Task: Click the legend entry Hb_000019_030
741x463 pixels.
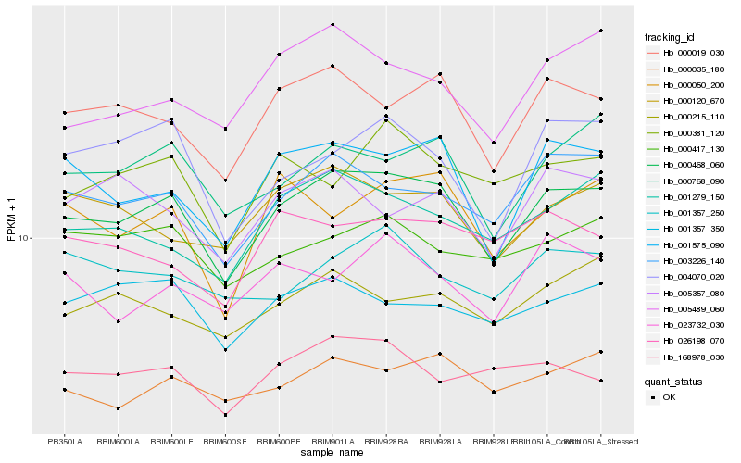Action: point(693,54)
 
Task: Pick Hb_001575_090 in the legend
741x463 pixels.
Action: point(693,244)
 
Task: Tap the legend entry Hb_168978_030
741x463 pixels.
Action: point(693,357)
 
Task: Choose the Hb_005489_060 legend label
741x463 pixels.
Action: point(693,308)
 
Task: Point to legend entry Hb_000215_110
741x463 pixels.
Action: point(693,118)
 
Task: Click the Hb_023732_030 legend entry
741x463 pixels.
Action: point(693,324)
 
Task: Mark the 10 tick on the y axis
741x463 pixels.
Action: point(24,238)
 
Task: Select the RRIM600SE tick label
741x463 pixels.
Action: point(225,441)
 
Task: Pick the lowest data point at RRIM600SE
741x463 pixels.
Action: point(225,415)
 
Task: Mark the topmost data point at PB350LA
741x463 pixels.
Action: point(65,113)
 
